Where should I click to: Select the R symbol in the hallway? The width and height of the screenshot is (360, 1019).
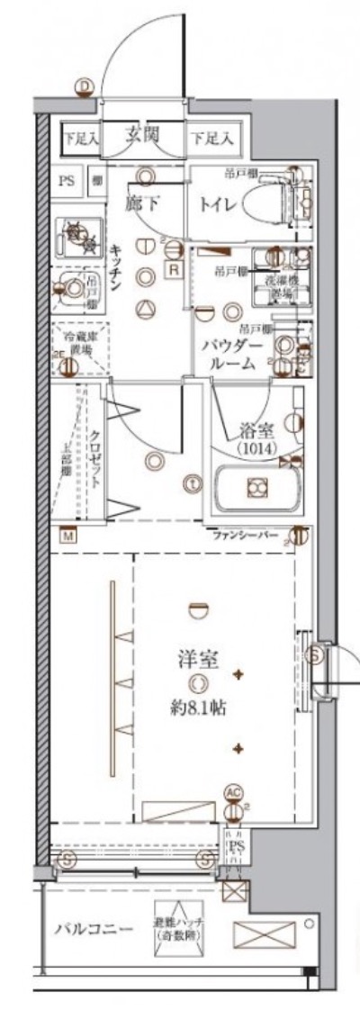pyautogui.click(x=174, y=269)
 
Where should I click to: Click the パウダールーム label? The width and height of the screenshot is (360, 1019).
pyautogui.click(x=236, y=356)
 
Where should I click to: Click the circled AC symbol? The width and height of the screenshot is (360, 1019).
pyautogui.click(x=233, y=792)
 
